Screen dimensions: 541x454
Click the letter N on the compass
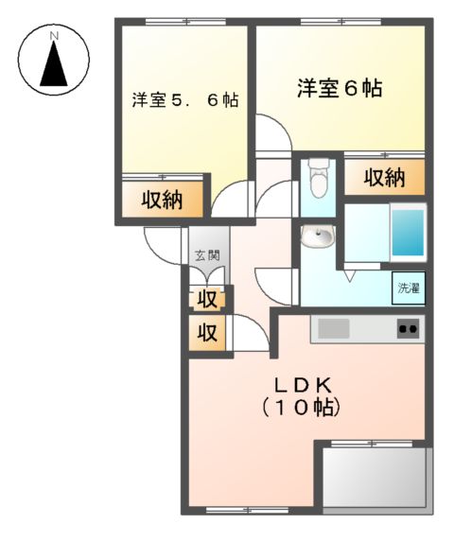pos(55,35)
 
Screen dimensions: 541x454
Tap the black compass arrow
pos(55,66)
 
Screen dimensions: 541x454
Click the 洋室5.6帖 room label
pos(184,99)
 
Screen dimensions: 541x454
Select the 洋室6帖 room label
pos(340,89)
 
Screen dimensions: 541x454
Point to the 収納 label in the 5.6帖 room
pos(163,200)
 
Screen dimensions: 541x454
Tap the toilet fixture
pos(318,177)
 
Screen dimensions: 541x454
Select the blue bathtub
pos(408,233)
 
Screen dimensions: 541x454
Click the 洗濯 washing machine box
pos(409,288)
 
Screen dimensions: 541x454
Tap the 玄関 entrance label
pos(208,254)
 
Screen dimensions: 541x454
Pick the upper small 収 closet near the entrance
pos(208,299)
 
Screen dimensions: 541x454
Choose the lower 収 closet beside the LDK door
pos(208,334)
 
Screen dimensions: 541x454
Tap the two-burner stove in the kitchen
pos(408,329)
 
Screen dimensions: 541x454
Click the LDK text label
pos(301,386)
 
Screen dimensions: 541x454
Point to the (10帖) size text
pos(301,409)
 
